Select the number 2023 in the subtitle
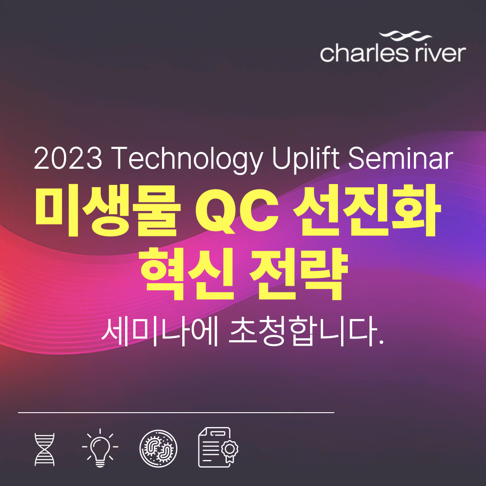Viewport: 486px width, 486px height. point(67,159)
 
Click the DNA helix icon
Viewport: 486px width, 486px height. point(45,449)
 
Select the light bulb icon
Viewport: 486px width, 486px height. point(100,448)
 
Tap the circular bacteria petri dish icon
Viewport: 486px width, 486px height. point(158,448)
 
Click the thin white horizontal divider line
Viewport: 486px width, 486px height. point(176,412)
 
